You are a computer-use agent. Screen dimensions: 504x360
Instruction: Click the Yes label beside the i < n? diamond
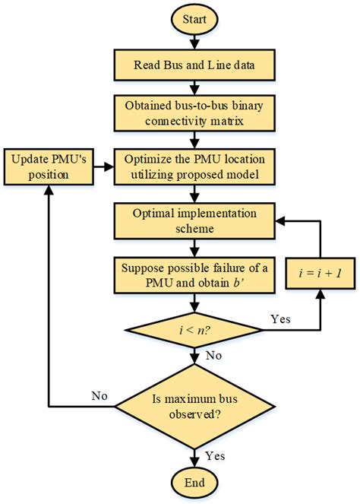(x=280, y=319)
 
